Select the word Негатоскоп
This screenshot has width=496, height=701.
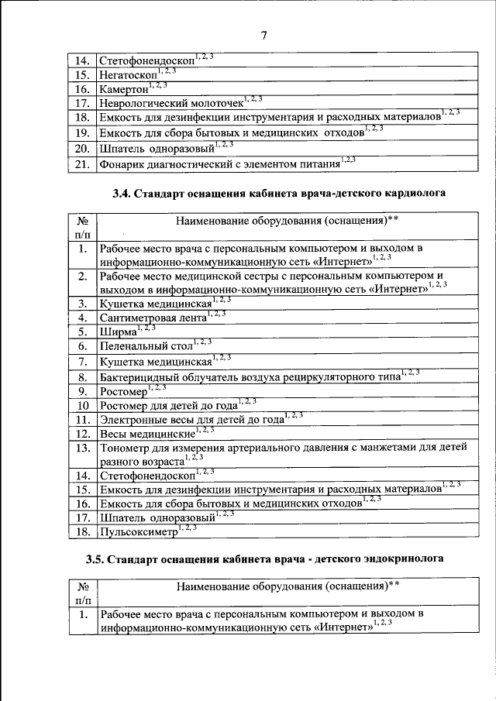click(x=126, y=76)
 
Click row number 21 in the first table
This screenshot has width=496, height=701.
click(x=81, y=164)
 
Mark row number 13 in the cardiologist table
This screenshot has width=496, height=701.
click(x=81, y=448)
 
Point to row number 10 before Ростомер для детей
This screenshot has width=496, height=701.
click(x=81, y=405)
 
